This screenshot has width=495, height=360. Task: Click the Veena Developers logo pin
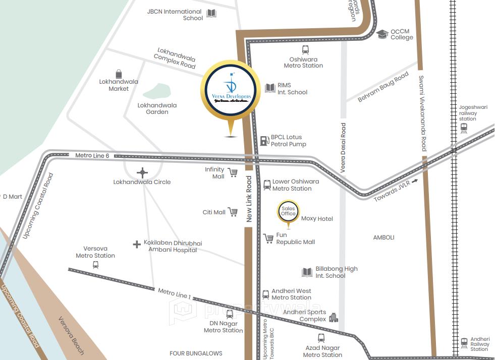(230, 91)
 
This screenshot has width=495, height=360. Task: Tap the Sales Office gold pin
(288, 211)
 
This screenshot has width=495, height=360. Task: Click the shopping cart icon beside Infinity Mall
(233, 173)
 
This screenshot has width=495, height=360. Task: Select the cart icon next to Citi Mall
(233, 212)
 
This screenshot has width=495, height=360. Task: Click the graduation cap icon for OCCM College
(382, 34)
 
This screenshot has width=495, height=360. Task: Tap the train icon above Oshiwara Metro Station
(305, 50)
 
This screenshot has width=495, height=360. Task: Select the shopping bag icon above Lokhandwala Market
(119, 74)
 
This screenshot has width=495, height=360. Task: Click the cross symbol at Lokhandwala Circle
(142, 172)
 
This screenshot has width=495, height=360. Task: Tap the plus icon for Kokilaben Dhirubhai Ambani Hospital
(136, 245)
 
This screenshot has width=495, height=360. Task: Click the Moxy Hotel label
(317, 219)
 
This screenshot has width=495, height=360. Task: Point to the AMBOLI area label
(383, 237)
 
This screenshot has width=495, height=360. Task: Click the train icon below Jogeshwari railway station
(464, 128)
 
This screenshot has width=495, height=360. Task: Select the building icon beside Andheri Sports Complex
(333, 317)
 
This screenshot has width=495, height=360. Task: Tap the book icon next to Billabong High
(307, 272)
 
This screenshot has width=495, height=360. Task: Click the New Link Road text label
(249, 199)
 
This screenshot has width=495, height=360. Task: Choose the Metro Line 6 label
(92, 156)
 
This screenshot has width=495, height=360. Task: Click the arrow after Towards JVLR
(415, 181)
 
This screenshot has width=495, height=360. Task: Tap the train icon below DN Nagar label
(230, 314)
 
